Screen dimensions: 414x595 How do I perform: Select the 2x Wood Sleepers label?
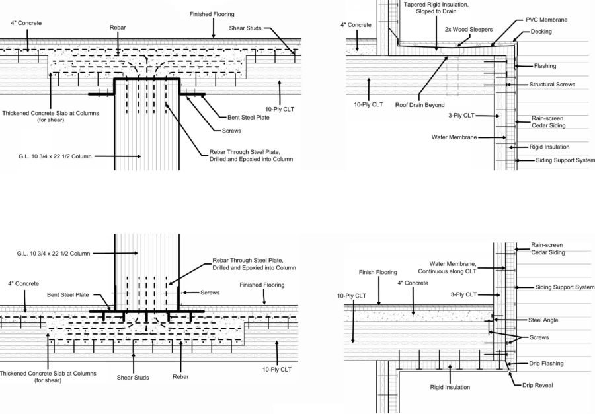pyautogui.click(x=466, y=30)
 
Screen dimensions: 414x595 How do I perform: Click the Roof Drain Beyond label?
pyautogui.click(x=418, y=104)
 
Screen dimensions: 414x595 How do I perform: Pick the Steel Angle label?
pyautogui.click(x=544, y=320)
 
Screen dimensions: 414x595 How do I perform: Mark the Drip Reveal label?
pyautogui.click(x=537, y=386)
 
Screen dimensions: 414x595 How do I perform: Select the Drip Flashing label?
pyautogui.click(x=546, y=363)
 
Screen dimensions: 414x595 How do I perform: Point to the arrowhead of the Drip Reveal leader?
pyautogui.click(x=508, y=373)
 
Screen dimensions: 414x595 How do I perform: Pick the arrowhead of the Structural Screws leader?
pyautogui.click(x=506, y=85)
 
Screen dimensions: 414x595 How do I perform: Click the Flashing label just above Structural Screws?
pyautogui.click(x=545, y=66)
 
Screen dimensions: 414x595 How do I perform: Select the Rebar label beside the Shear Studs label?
pyautogui.click(x=180, y=377)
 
